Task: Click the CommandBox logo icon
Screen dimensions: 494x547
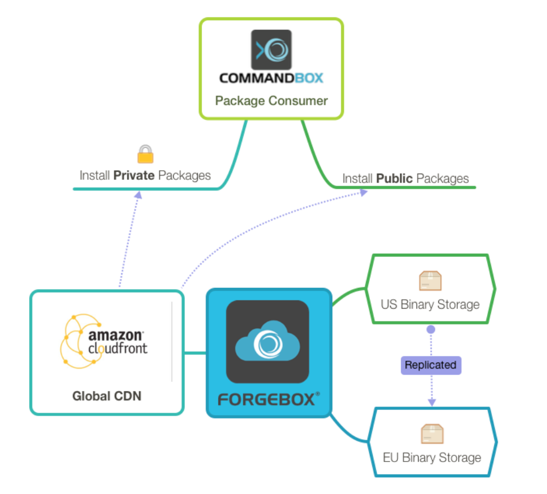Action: (x=271, y=50)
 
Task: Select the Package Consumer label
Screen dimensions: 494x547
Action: (x=271, y=101)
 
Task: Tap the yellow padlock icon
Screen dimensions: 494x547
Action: (x=145, y=154)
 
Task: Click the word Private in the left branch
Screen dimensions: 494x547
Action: (x=134, y=175)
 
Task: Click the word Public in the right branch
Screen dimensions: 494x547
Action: (x=395, y=179)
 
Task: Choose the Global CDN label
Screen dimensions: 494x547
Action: (x=106, y=396)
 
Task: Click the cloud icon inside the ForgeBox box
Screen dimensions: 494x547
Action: (x=267, y=341)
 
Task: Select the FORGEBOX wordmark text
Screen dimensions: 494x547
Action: (x=268, y=399)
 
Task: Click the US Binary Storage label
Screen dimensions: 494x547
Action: (x=430, y=305)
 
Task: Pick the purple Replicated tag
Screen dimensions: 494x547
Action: (x=430, y=365)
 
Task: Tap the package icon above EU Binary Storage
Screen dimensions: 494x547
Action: (x=432, y=434)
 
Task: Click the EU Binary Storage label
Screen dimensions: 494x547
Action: (x=432, y=458)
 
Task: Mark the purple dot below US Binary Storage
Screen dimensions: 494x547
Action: (x=430, y=329)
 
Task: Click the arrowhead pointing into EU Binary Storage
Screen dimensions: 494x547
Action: (x=432, y=402)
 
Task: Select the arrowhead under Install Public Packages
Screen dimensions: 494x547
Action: (x=363, y=193)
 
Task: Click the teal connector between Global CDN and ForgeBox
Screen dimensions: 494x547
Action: (x=195, y=353)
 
